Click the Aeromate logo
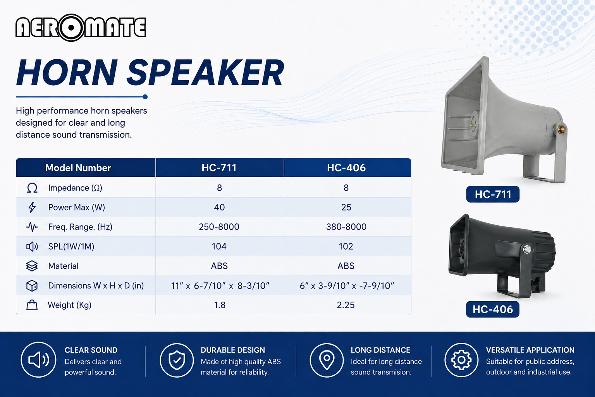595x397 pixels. coord(81,28)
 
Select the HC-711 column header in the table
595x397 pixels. coord(219,168)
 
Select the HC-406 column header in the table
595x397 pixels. coord(346,168)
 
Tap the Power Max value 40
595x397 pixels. coord(219,207)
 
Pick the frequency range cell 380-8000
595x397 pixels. coord(346,227)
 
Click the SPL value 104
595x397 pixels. coord(219,247)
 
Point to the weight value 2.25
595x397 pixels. coord(346,305)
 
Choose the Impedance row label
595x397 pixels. coord(75,188)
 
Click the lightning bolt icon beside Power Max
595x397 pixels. coord(32,207)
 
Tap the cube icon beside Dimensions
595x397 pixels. coord(32,286)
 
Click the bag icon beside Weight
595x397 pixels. coord(32,305)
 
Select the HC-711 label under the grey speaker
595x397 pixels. coord(493,194)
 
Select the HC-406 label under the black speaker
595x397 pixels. coord(492,309)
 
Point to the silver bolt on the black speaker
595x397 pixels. coord(527,249)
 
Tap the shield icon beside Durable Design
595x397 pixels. coord(177,360)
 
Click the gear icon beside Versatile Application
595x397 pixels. coord(461,360)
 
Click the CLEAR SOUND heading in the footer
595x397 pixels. coord(91,350)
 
